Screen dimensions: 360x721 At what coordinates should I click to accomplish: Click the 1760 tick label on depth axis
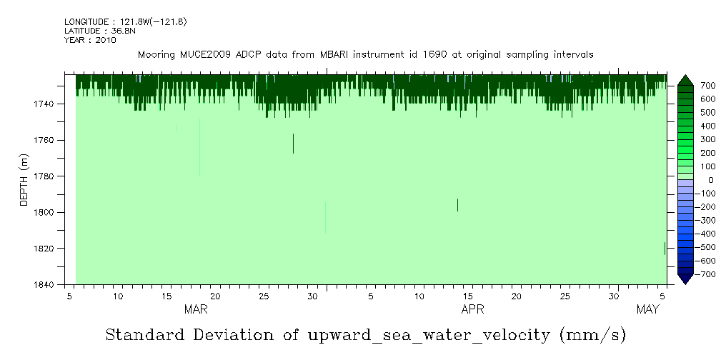44,140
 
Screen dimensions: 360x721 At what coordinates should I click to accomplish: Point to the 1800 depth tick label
44,212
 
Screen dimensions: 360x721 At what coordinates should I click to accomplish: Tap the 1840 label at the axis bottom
44,284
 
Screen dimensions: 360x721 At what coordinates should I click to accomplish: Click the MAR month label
196,309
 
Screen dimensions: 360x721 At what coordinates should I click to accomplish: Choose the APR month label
472,309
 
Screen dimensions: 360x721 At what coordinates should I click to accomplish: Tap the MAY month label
647,309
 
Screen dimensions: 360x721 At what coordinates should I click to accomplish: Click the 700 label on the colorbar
707,86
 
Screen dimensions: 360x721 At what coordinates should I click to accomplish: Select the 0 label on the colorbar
710,180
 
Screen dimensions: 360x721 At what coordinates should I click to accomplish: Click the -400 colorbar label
706,234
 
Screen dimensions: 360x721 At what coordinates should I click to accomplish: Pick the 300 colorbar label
707,139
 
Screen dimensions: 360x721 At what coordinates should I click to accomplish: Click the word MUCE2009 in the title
207,54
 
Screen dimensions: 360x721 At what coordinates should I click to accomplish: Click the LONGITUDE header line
125,22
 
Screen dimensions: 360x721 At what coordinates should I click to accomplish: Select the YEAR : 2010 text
90,40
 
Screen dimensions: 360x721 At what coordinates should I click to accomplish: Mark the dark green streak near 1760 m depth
293,143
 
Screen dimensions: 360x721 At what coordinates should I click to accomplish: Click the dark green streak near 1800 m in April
457,205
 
